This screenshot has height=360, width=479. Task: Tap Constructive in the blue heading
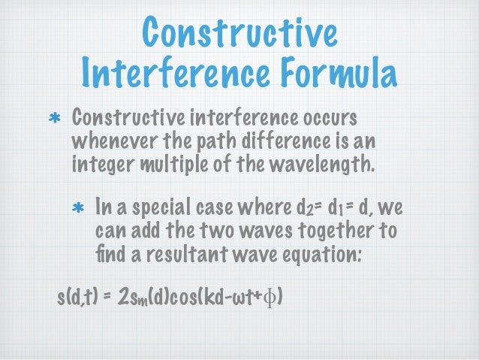pos(239,33)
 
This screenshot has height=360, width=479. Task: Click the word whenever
pos(107,141)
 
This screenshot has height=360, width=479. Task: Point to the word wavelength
pos(317,162)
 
